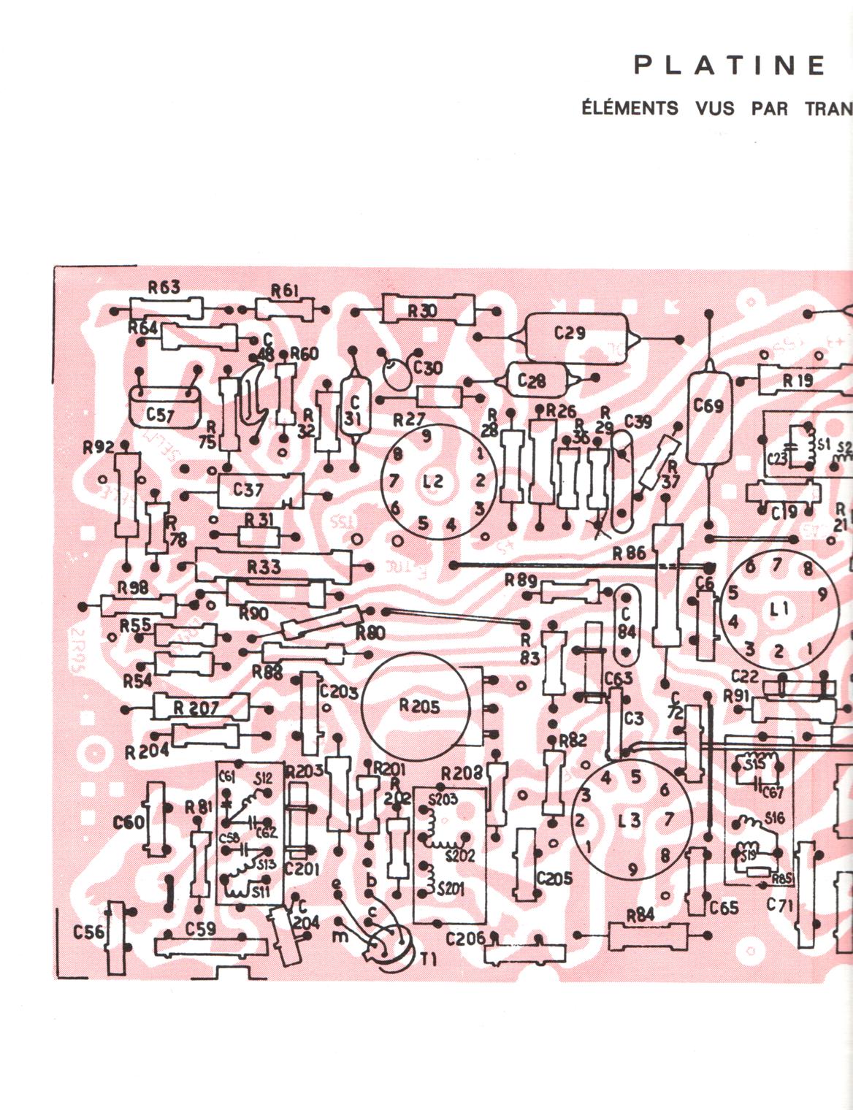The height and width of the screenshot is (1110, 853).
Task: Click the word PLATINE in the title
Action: (x=729, y=66)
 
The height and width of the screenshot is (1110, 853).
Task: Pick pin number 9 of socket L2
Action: (x=426, y=436)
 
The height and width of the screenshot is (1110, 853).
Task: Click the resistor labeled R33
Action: (x=264, y=567)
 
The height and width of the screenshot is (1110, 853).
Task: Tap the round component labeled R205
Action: (x=419, y=706)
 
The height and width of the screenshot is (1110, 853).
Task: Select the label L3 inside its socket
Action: (x=630, y=820)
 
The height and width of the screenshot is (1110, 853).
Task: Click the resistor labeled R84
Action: (x=640, y=935)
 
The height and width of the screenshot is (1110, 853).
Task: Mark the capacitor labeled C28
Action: (x=532, y=381)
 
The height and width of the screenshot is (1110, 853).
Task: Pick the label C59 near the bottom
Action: (x=200, y=929)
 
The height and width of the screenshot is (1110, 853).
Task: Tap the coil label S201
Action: (x=451, y=889)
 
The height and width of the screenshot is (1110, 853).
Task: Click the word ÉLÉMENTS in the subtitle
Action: (x=630, y=108)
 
